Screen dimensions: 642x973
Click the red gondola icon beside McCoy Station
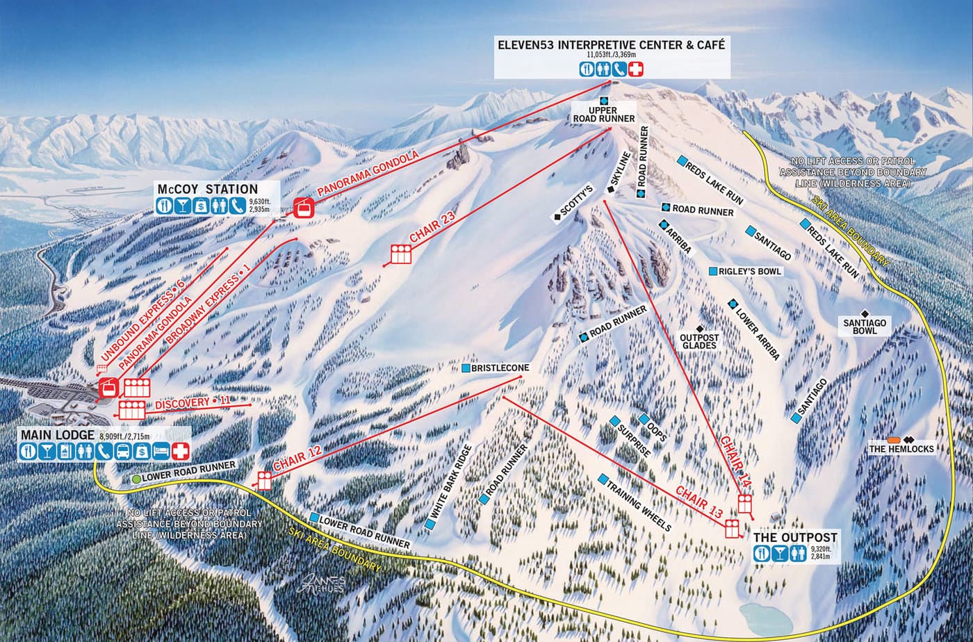pyautogui.click(x=303, y=207)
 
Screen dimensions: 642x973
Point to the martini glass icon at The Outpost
pyautogui.click(x=778, y=554)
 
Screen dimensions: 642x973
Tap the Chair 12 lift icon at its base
pyautogui.click(x=264, y=479)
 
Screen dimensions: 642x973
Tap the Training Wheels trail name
pyautogui.click(x=639, y=505)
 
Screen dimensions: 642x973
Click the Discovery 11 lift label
pyautogui.click(x=192, y=404)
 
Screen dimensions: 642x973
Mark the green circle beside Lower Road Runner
pyautogui.click(x=136, y=479)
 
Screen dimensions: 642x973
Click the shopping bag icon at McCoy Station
pyautogui.click(x=199, y=205)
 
